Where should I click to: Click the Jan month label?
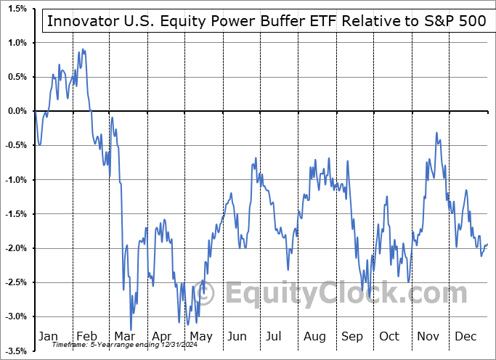point(48,336)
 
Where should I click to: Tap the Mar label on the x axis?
point(124,336)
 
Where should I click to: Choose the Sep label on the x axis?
point(352,336)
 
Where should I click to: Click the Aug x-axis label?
point(314,336)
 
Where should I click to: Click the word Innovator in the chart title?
point(80,20)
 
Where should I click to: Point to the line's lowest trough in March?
point(131,330)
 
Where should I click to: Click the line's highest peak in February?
point(83,49)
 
